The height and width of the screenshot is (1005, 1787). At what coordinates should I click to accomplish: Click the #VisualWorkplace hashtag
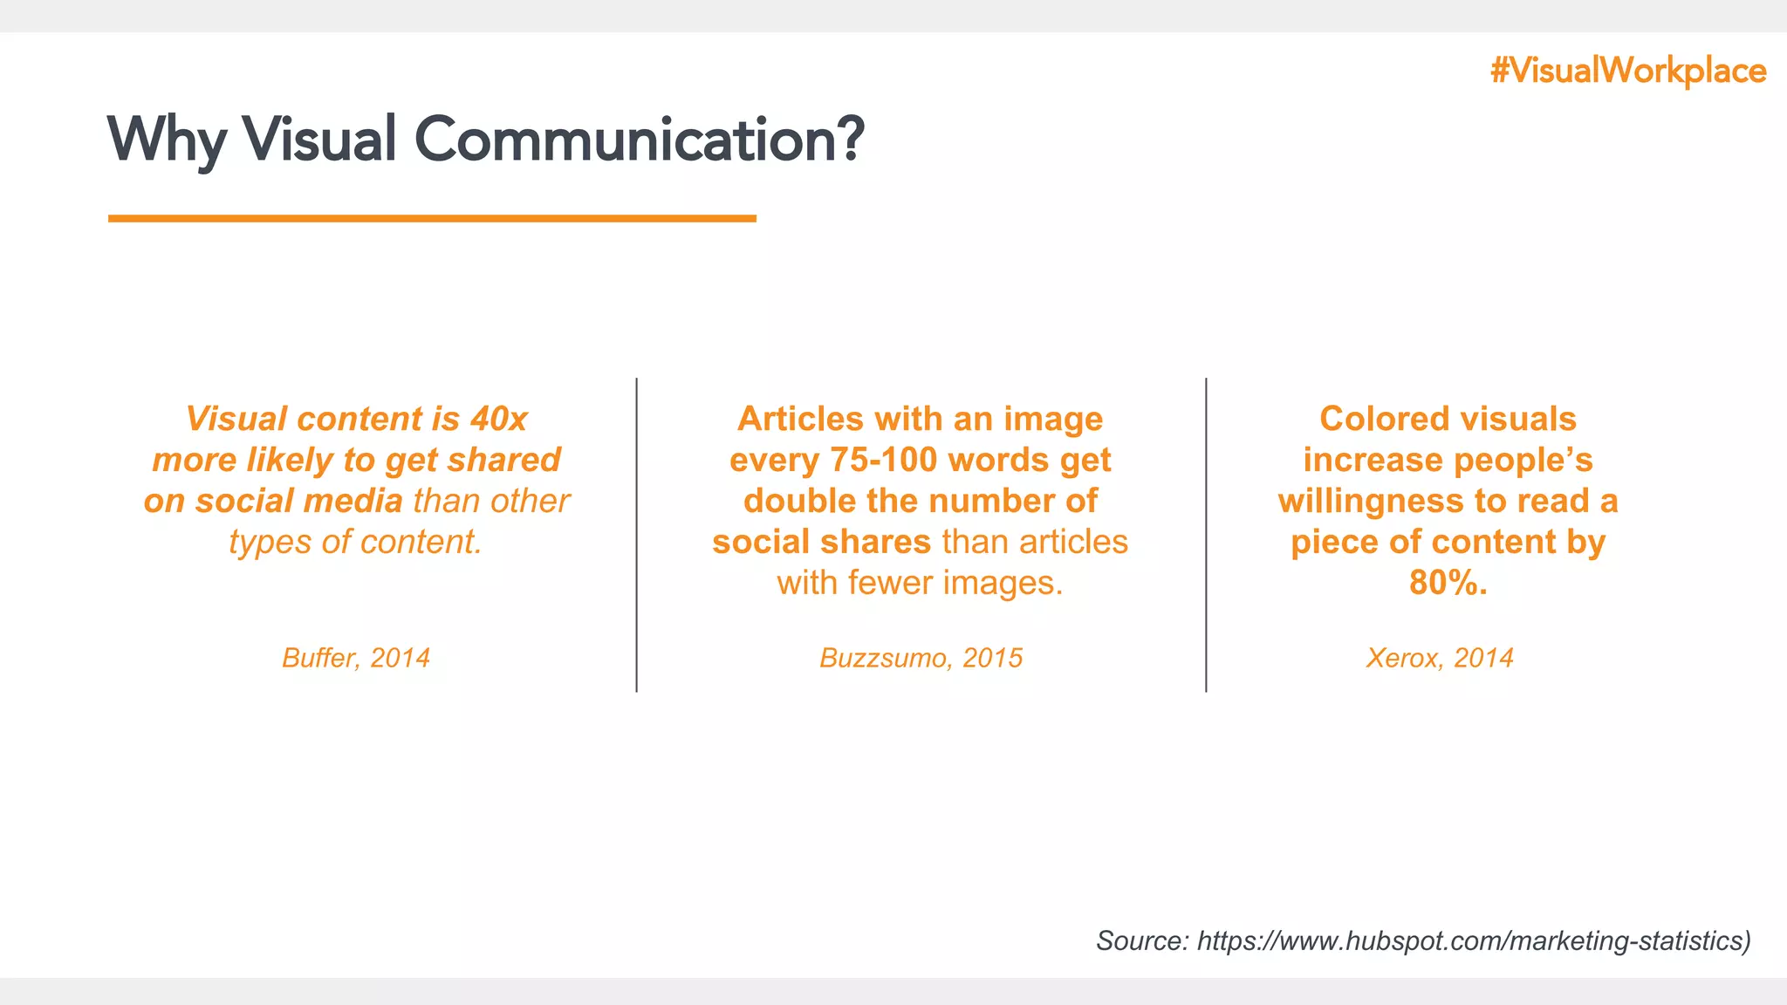click(1628, 71)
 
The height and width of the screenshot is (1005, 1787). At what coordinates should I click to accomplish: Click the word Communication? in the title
click(639, 140)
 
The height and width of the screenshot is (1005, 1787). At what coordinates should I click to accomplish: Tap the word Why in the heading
click(166, 140)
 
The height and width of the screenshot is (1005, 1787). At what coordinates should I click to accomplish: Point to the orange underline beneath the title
click(432, 218)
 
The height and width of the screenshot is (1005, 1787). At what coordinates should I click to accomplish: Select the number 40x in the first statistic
click(499, 419)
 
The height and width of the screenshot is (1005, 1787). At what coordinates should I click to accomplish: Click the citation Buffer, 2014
click(356, 658)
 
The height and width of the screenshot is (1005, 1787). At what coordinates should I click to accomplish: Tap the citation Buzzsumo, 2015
click(921, 658)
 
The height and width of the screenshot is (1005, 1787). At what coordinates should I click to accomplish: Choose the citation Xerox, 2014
click(1440, 658)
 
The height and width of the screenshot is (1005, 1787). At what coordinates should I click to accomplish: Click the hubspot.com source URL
click(1473, 941)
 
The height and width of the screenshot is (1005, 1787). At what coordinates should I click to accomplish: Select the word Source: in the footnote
click(1142, 941)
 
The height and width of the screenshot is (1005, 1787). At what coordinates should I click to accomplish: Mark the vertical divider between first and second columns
click(637, 535)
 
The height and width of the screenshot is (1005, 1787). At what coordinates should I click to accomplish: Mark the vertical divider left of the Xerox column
click(1206, 535)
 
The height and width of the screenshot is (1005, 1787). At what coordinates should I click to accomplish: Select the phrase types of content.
click(356, 542)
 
